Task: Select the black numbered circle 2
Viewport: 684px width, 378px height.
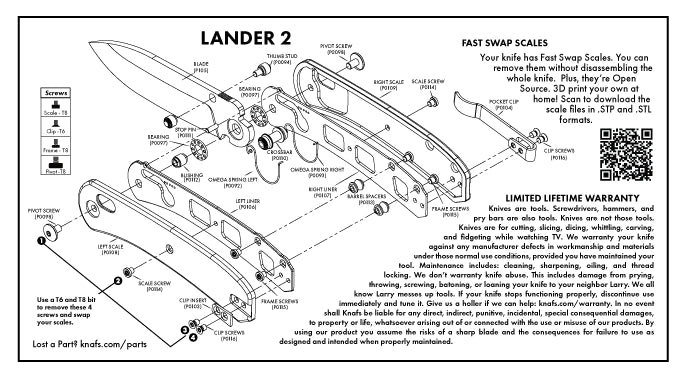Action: coord(117,281)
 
